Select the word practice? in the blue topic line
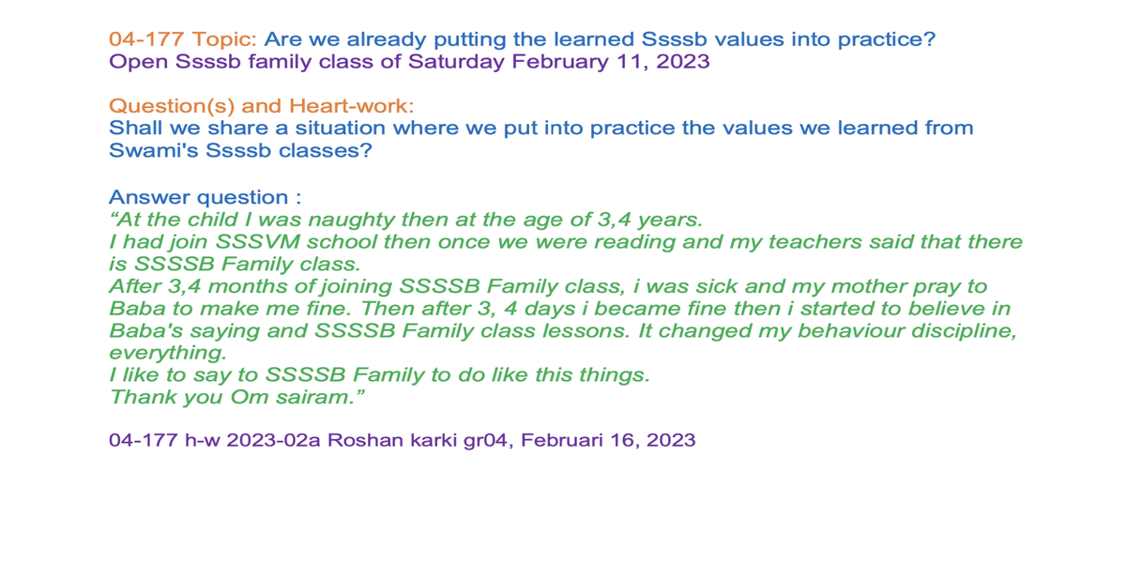point(886,40)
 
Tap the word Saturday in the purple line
point(456,62)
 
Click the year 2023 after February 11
point(683,62)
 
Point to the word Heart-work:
point(351,105)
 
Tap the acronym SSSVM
point(257,242)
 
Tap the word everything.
point(168,354)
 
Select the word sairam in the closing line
point(319,398)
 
